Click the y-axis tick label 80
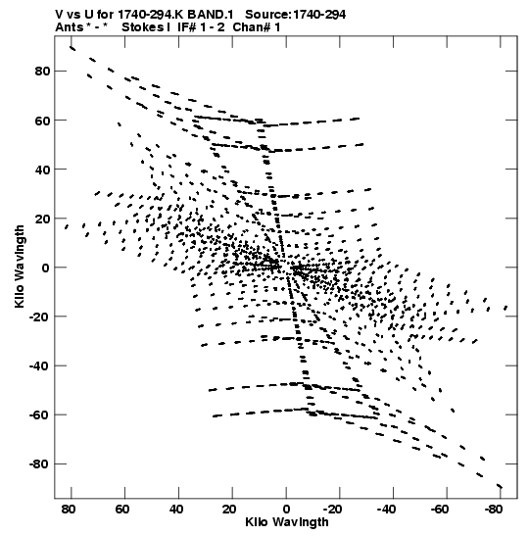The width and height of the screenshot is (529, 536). (x=42, y=72)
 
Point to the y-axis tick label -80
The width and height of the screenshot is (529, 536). (x=39, y=464)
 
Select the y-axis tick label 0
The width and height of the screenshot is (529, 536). (x=46, y=268)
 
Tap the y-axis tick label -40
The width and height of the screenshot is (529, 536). (x=39, y=366)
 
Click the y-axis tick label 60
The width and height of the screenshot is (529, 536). (x=42, y=121)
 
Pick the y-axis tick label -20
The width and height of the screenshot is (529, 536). (x=39, y=317)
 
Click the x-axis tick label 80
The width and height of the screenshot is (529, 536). (x=69, y=510)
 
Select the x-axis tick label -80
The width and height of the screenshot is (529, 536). (x=494, y=510)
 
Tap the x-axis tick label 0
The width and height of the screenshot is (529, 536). (x=286, y=510)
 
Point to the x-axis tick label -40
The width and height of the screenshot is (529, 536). (x=387, y=510)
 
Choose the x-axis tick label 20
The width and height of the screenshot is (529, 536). (x=229, y=510)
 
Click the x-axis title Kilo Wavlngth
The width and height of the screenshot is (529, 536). (x=287, y=522)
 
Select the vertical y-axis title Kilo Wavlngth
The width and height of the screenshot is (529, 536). (x=20, y=267)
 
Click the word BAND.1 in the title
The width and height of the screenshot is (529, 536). (x=211, y=15)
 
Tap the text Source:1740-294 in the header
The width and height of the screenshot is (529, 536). (x=296, y=15)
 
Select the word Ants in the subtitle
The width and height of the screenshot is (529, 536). (x=69, y=27)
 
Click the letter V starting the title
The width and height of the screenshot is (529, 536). (x=59, y=15)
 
